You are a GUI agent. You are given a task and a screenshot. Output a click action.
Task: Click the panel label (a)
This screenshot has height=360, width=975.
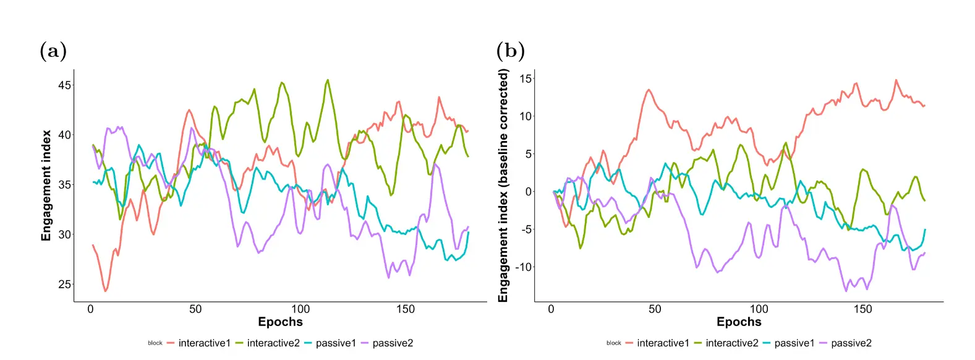click(53, 51)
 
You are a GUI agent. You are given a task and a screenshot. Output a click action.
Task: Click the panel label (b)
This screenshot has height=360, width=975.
click(511, 51)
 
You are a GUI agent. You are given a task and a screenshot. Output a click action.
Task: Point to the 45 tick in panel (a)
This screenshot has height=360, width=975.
click(65, 85)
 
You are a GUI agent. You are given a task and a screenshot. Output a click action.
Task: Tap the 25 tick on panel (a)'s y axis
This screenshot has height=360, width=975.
click(65, 285)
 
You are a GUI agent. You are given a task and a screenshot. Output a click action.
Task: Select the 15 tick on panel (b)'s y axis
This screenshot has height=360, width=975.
click(526, 79)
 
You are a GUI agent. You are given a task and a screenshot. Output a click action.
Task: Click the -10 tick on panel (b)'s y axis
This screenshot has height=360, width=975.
click(523, 267)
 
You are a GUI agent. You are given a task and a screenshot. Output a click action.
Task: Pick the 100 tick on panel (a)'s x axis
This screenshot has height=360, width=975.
click(300, 309)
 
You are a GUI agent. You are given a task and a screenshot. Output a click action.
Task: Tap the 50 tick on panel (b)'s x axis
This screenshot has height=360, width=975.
click(655, 309)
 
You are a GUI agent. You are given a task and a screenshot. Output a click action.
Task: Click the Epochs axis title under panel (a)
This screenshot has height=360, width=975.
click(280, 322)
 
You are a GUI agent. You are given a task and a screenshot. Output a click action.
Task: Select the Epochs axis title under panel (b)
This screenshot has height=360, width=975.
click(739, 322)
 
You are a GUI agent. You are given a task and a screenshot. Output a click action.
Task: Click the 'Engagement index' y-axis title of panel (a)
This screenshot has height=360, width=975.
click(46, 186)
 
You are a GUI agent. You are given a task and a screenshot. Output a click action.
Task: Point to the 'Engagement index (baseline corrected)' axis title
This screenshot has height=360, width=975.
click(503, 186)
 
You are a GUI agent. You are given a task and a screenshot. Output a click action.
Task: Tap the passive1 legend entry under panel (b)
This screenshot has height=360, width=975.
click(794, 343)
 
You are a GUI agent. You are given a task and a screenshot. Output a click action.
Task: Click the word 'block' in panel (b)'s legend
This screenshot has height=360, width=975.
click(614, 343)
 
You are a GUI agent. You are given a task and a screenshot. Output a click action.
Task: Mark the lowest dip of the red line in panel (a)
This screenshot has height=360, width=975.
click(106, 291)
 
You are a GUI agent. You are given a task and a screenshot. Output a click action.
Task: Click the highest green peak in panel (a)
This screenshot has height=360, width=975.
click(328, 80)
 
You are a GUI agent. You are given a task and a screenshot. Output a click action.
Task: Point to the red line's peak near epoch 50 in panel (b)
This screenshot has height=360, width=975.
click(649, 90)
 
